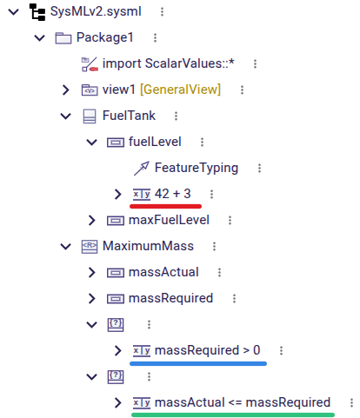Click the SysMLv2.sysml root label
click(x=96, y=12)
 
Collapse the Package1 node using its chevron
click(x=40, y=37)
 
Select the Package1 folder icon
click(x=63, y=38)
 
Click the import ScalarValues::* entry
click(x=168, y=63)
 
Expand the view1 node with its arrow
click(x=66, y=90)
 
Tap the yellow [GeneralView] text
click(x=180, y=90)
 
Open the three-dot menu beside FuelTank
click(x=176, y=116)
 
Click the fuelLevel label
click(x=155, y=142)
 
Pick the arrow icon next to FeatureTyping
click(x=142, y=169)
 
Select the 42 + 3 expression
click(x=173, y=194)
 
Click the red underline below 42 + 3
click(x=165, y=206)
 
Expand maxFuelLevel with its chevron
click(x=92, y=220)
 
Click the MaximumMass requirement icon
click(x=90, y=247)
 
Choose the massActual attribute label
click(x=163, y=272)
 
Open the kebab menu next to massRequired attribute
click(x=234, y=298)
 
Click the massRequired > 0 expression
click(x=208, y=350)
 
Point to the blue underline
click(x=198, y=363)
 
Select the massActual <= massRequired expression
click(x=243, y=402)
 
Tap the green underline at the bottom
click(x=233, y=415)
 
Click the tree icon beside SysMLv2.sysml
click(x=37, y=12)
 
